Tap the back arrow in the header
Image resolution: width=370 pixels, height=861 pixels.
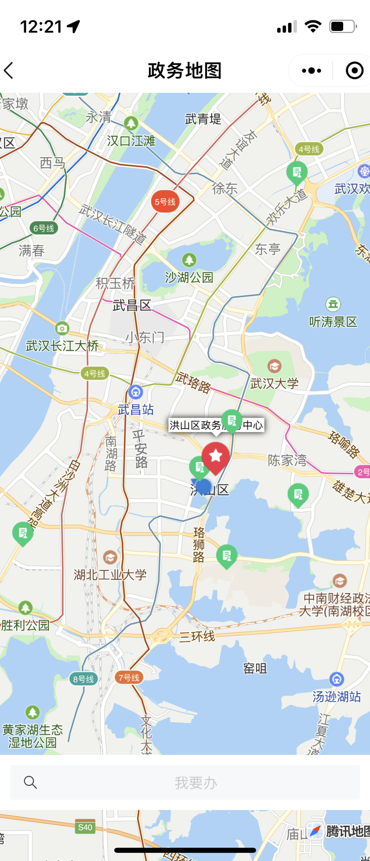9,70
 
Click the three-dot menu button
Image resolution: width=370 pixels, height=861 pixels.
311,70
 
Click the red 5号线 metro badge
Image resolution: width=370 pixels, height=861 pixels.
165,202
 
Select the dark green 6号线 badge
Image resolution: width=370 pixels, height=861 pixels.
44,228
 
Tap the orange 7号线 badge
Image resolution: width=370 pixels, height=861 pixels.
129,678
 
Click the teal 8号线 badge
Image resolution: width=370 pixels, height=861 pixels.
83,679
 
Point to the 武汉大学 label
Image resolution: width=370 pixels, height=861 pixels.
274,384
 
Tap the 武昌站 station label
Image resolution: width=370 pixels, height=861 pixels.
136,409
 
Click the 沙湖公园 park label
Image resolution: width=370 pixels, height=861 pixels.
189,277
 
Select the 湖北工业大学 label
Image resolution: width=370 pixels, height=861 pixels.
110,574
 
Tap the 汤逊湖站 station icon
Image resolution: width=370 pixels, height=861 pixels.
336,679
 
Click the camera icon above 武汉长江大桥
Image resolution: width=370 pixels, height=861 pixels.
62,328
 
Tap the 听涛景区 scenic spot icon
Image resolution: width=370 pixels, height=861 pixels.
333,304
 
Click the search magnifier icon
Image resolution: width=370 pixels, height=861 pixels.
30,782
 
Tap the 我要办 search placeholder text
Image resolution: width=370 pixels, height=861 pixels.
196,783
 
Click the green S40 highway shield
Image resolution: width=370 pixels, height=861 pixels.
85,827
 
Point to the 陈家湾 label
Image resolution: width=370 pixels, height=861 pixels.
287,460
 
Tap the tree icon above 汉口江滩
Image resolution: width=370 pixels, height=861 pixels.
131,123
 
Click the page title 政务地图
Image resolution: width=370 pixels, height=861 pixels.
185,70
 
